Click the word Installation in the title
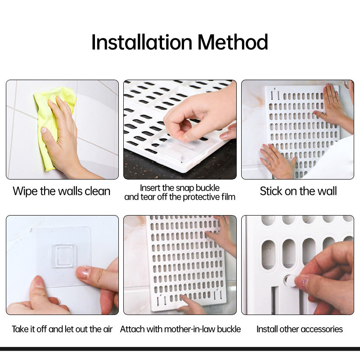[x=142, y=42]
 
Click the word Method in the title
[x=233, y=42]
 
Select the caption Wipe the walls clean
[x=62, y=191]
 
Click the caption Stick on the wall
[x=298, y=191]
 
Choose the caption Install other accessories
[x=299, y=329]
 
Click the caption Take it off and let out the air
[x=62, y=329]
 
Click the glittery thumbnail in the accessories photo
[x=301, y=282]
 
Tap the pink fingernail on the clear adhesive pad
[x=83, y=272]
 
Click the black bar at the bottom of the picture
[x=180, y=349]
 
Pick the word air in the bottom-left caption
[x=108, y=329]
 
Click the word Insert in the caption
[x=150, y=187]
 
